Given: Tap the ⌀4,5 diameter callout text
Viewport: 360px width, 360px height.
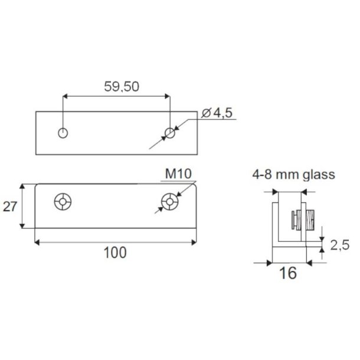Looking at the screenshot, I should pos(217,112).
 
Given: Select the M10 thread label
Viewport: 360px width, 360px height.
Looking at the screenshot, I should pos(178,174).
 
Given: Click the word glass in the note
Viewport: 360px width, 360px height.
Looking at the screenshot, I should pos(318,175).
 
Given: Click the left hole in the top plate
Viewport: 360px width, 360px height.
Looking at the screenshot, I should pos(63,133).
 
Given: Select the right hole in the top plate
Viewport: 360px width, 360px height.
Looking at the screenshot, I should pos(170,133).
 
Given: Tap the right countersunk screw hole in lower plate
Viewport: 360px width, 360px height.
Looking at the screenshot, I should pos(170,202).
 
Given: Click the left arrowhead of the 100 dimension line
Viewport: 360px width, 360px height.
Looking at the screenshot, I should pos(37,241).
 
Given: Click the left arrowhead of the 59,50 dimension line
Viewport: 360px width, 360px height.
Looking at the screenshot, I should pos(65,96).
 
